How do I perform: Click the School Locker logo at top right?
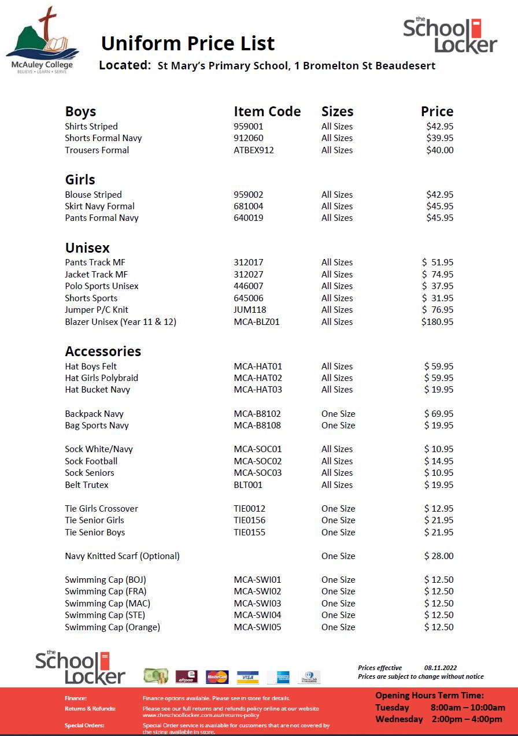pos(450,35)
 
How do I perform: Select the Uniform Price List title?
pos(188,43)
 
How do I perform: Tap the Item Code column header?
pos(267,112)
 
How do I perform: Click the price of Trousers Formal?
pos(439,150)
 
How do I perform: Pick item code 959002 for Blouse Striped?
pos(250,195)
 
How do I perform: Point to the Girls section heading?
pos(80,180)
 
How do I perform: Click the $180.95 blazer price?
pos(437,322)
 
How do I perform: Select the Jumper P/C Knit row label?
pos(97,310)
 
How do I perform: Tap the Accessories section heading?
pos(103,352)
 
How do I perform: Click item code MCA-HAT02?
pos(258,378)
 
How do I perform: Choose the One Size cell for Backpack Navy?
pos(338,414)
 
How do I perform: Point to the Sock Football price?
pos(439,461)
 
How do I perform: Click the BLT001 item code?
pos(248,485)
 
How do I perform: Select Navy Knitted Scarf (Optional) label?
pos(122,556)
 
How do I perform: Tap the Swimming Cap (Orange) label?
pos(112,627)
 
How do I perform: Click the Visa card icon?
pos(247,677)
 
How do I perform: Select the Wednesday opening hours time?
pos(467,719)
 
